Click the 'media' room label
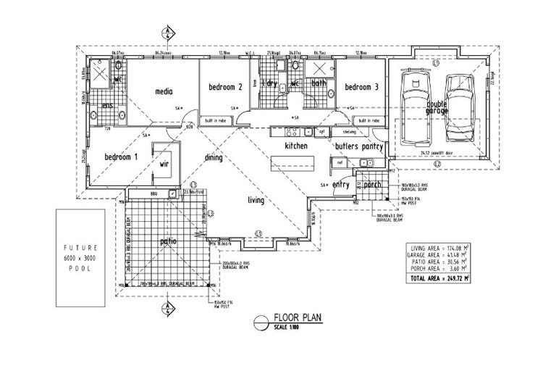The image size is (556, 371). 163,92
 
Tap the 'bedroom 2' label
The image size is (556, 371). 224,88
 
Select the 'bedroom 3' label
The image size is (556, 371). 361,88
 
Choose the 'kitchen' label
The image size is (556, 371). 296,146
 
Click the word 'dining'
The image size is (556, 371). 213,157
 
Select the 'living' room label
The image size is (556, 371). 255,201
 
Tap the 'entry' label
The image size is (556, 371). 340,185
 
